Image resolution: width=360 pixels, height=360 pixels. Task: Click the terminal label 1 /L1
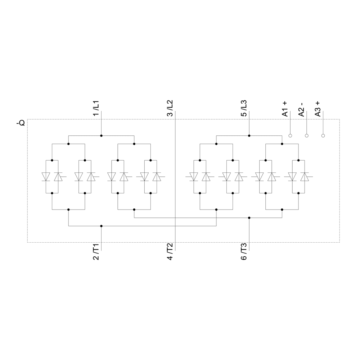click(x=96, y=108)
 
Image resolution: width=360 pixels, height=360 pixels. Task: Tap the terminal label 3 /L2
click(x=170, y=108)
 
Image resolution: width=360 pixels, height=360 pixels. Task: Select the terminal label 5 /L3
click(x=244, y=108)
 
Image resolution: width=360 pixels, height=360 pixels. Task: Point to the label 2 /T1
click(x=96, y=252)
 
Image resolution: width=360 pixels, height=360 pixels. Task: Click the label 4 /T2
click(x=170, y=252)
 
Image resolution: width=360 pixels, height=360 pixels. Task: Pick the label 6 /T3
click(x=244, y=252)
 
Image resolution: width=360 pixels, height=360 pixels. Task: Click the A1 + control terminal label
click(x=285, y=109)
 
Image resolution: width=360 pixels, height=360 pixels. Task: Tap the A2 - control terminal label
click(x=301, y=109)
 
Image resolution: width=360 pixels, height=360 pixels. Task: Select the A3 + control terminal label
click(x=318, y=109)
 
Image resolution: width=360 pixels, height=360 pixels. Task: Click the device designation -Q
click(x=21, y=123)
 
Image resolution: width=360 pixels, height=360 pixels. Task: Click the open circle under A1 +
click(x=290, y=136)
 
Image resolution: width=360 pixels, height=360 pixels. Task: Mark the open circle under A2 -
click(x=306, y=136)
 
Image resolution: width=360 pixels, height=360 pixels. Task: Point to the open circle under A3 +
click(x=323, y=136)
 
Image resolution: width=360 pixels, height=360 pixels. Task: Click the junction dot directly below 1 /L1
click(x=101, y=136)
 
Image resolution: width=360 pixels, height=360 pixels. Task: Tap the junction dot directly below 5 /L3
click(x=249, y=136)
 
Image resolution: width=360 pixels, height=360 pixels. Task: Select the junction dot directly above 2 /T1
click(x=101, y=226)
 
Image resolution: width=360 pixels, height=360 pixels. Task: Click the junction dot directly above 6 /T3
click(x=249, y=218)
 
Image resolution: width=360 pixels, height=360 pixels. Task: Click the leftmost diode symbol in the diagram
click(x=46, y=177)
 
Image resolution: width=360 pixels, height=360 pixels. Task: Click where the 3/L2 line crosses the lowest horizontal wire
click(x=175, y=226)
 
